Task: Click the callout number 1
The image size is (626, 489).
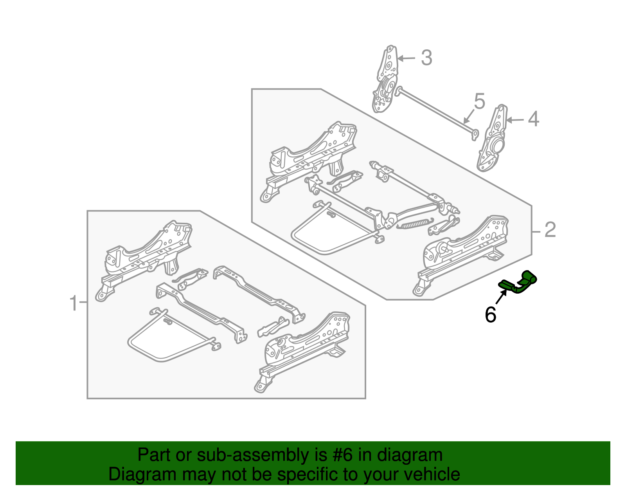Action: [x=74, y=303]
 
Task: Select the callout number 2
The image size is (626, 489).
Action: [x=550, y=230]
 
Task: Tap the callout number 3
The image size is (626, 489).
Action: [x=426, y=58]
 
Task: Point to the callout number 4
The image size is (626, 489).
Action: [x=533, y=119]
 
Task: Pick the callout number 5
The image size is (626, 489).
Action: [x=480, y=101]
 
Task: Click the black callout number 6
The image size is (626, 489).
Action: [x=491, y=314]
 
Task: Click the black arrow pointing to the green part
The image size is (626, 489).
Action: [x=502, y=296]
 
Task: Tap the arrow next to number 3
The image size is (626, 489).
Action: [x=406, y=58]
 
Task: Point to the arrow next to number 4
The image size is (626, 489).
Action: [x=515, y=120]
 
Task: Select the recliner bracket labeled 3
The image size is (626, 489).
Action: [x=385, y=79]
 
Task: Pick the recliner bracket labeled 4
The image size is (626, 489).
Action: [x=492, y=138]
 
